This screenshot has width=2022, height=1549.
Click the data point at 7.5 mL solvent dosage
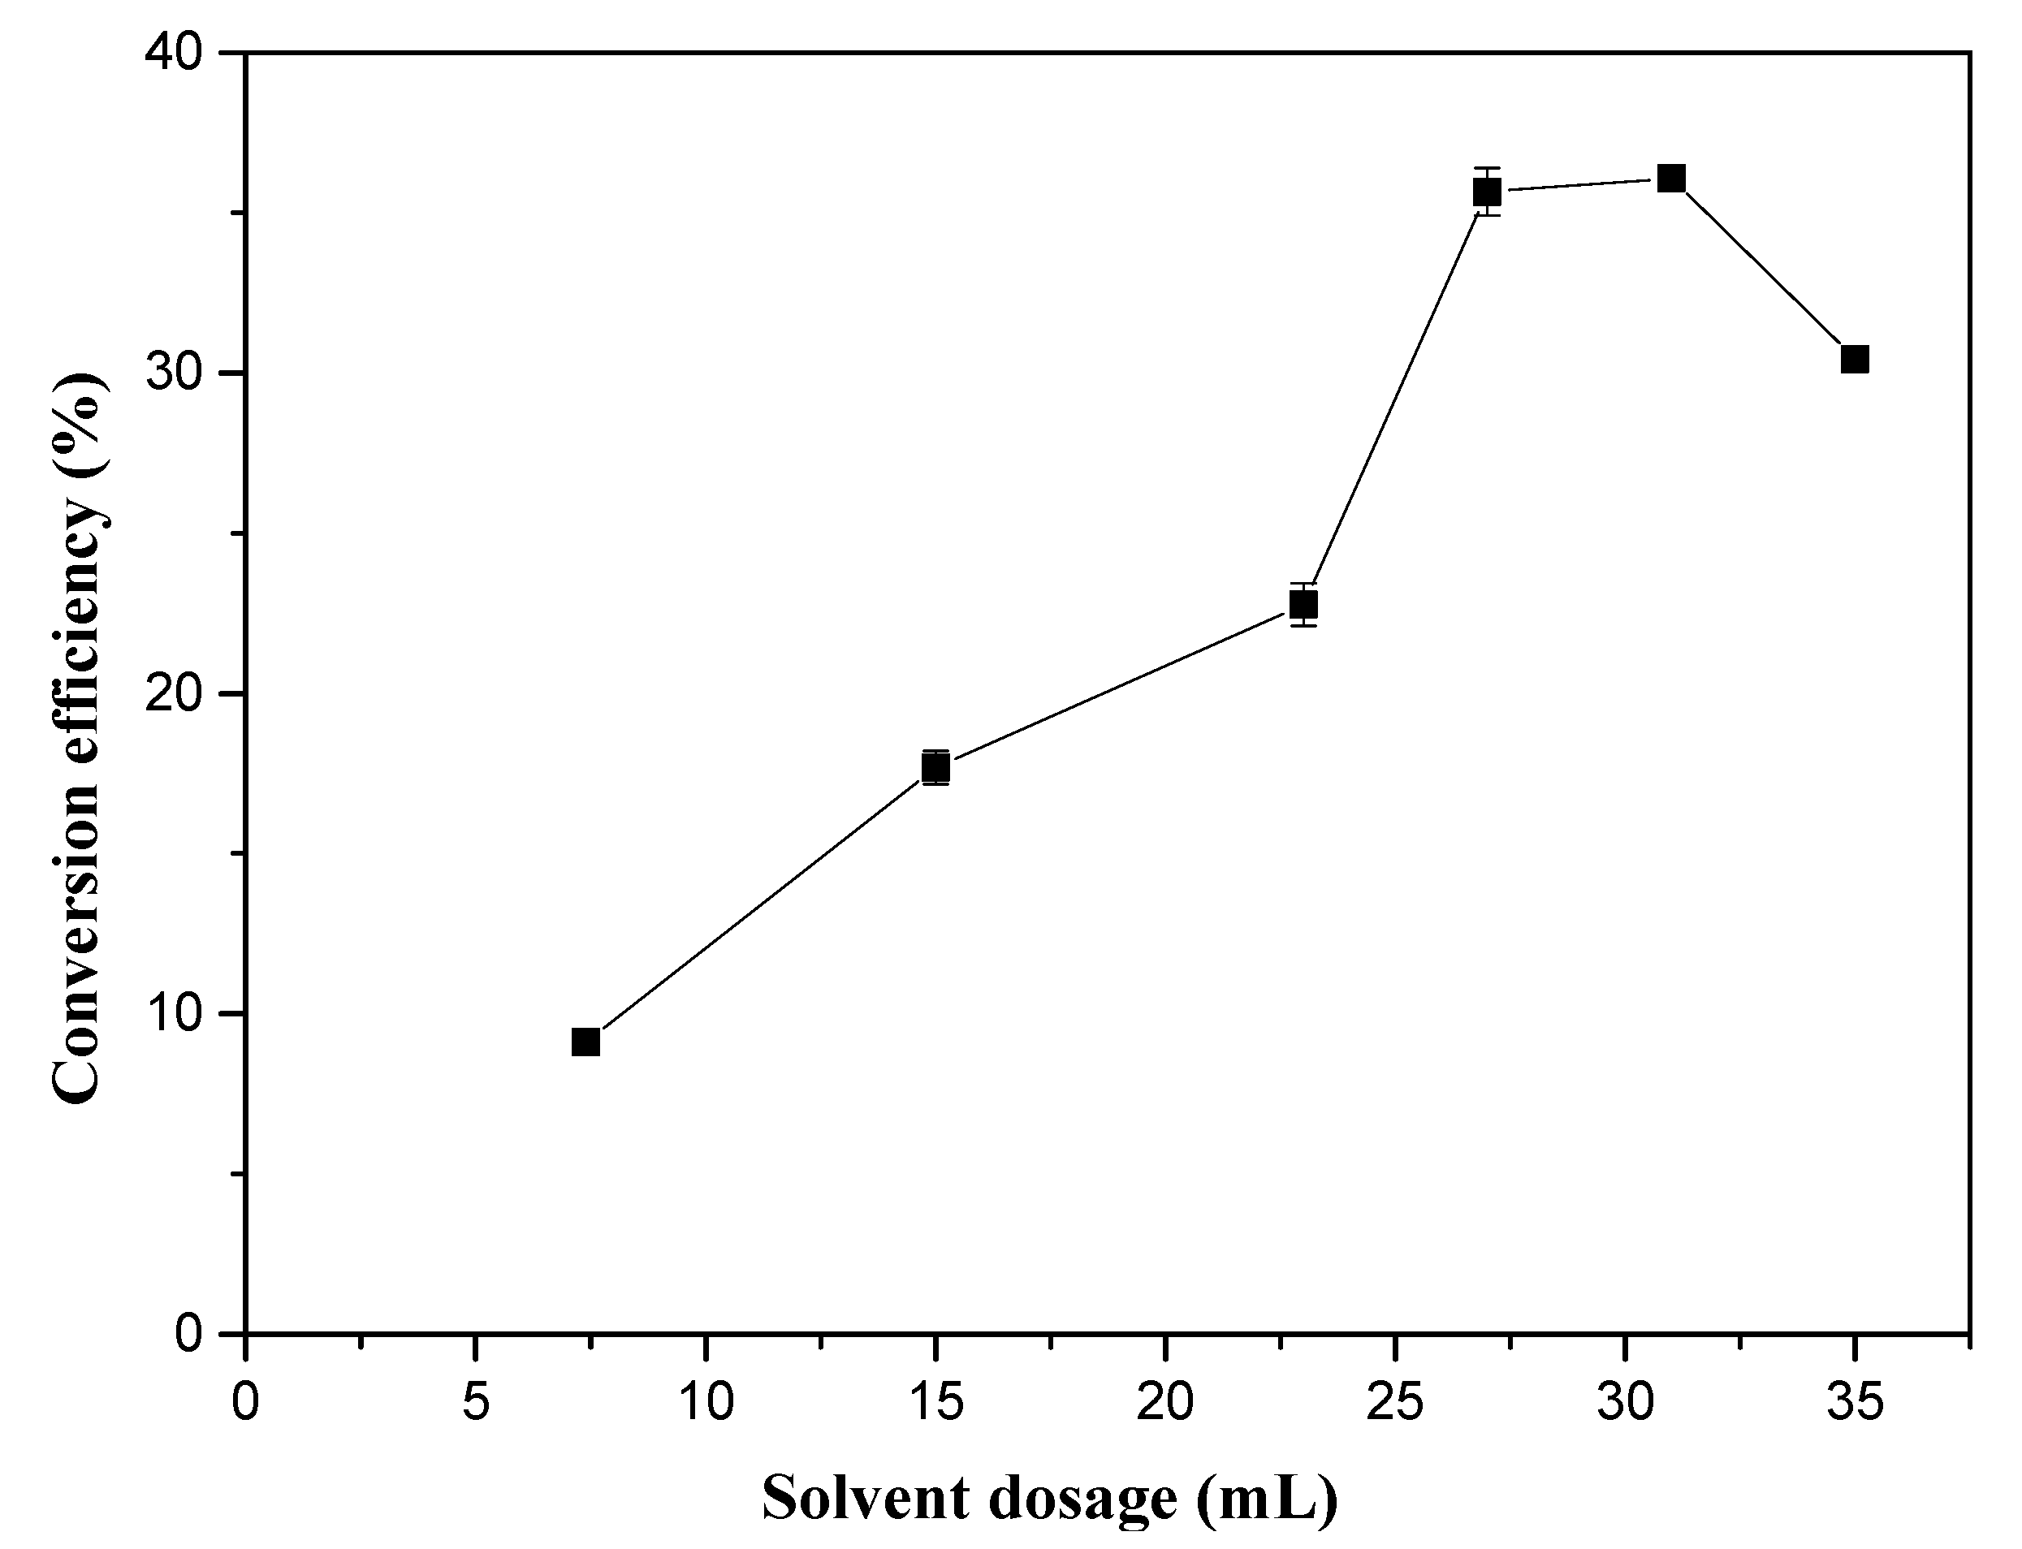585,1042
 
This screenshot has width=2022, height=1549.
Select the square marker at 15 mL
935,767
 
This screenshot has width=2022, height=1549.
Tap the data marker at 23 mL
1303,605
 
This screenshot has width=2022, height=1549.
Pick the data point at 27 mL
1486,192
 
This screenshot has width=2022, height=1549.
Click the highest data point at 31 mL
1670,178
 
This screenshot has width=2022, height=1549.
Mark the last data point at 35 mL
1854,360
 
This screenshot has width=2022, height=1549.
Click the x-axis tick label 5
475,1404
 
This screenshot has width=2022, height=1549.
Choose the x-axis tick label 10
706,1404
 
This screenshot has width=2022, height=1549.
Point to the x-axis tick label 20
1164,1404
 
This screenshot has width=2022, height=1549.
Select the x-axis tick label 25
1394,1404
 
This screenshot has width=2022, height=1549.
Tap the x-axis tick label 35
1853,1404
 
